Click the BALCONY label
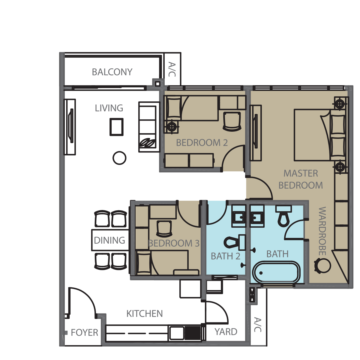pos(112,72)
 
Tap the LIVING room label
pos(109,108)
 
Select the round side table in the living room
pos(119,158)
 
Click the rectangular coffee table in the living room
pos(116,127)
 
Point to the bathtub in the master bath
pos(277,273)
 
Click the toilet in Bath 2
pos(235,243)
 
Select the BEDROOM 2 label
pos(202,143)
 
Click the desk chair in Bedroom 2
pos(232,121)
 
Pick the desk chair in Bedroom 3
pos(164,229)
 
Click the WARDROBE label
pos(322,231)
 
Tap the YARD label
pos(226,332)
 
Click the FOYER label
pos(84,332)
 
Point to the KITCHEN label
pos(145,314)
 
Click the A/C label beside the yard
pos(258,325)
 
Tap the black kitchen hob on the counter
pos(193,333)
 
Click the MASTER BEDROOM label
pos(301,179)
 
